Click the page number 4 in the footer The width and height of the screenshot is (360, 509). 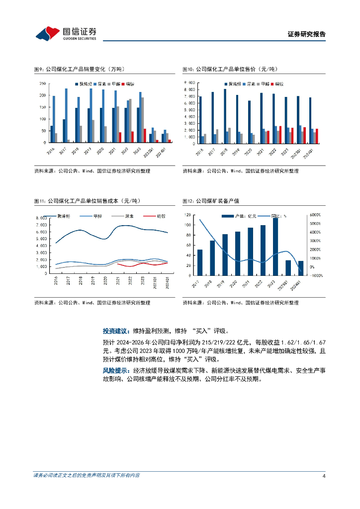324,476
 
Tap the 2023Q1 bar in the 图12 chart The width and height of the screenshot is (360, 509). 288,267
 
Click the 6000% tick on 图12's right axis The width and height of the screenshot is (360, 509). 315,215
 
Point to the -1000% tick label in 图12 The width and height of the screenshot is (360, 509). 315,275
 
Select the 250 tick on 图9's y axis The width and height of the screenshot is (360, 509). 43,84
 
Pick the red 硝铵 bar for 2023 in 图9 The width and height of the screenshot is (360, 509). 145,136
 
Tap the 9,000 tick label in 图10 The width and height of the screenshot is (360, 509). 189,83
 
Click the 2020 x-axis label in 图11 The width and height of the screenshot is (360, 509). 105,281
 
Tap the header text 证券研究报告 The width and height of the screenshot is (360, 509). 307,34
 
